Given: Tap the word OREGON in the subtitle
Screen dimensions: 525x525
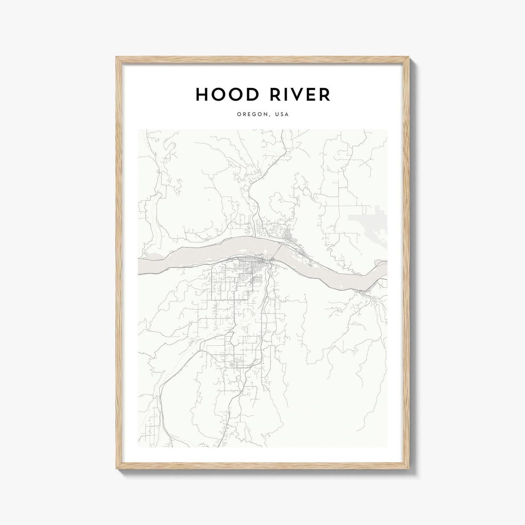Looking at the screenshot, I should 253,115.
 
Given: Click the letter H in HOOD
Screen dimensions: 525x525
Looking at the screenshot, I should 203,95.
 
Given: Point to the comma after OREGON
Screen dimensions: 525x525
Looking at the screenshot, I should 269,116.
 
